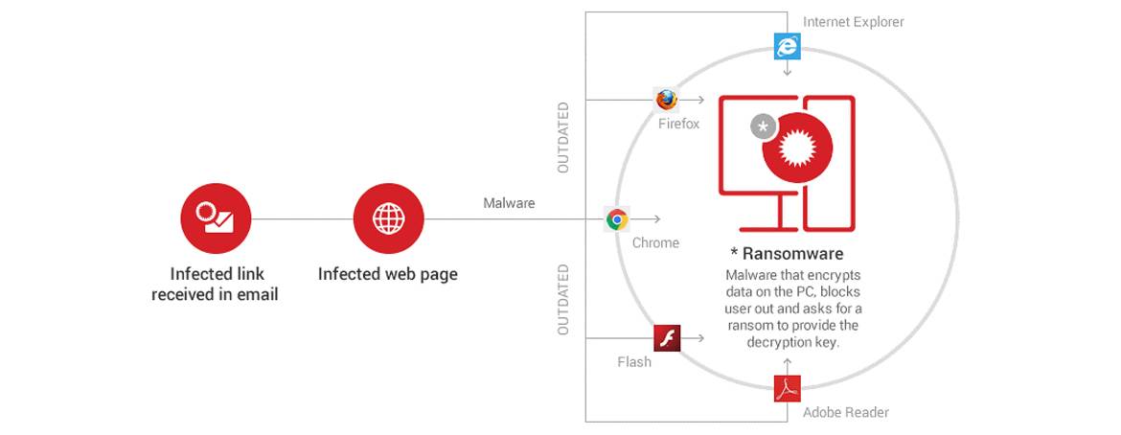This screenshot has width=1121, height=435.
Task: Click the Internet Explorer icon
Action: (x=787, y=45)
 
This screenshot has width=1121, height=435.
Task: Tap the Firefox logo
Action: (x=667, y=100)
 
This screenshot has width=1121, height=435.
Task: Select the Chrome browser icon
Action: (x=617, y=219)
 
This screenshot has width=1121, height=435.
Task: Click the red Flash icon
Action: (x=667, y=338)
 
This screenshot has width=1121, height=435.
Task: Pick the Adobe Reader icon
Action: (x=788, y=388)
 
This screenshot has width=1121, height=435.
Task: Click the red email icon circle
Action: (x=216, y=218)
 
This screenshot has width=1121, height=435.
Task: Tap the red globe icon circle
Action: (x=388, y=218)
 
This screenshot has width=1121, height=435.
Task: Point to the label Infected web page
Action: (x=388, y=274)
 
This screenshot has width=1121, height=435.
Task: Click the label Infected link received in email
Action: (x=216, y=285)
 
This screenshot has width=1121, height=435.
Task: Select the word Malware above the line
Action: (x=509, y=203)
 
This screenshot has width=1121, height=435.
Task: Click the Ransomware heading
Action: (x=787, y=254)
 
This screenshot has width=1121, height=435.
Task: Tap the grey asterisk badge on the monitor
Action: (x=763, y=126)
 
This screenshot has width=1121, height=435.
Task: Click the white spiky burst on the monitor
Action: (x=801, y=148)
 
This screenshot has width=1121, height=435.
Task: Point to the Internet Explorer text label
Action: (x=853, y=22)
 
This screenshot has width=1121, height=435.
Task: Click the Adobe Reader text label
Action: (x=846, y=413)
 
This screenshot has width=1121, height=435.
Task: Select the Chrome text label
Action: (x=655, y=243)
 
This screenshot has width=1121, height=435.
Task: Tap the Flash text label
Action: (x=634, y=362)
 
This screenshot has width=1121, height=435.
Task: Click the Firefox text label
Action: (x=678, y=125)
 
